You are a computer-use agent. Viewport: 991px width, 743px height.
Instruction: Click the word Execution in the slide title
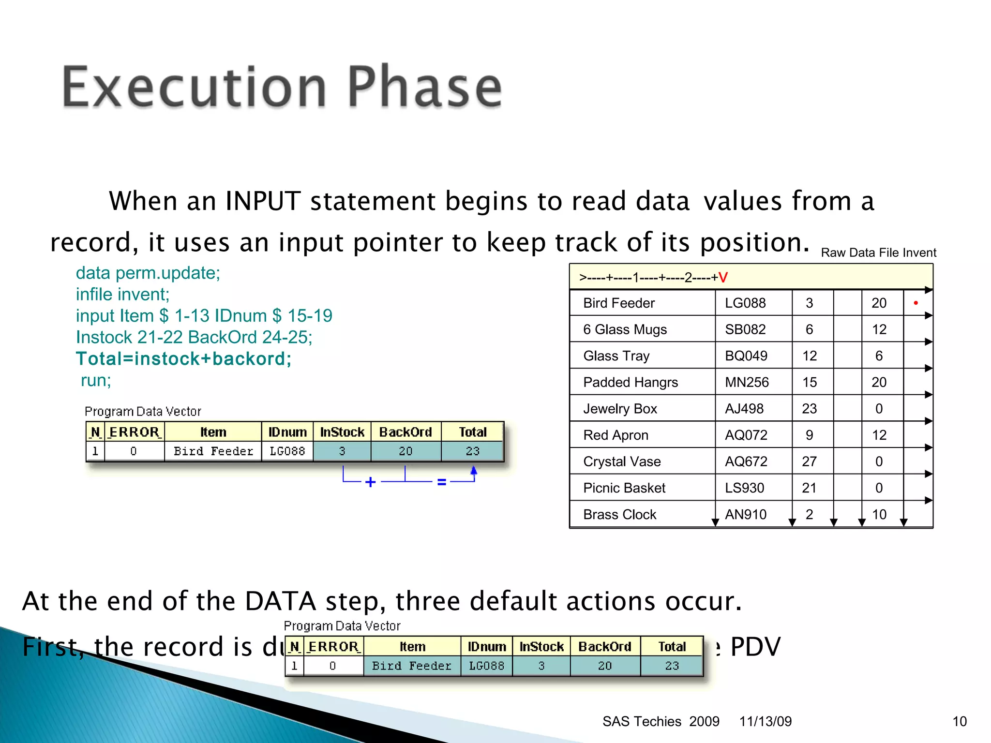[x=194, y=88]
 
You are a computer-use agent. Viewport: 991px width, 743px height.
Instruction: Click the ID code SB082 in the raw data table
[x=745, y=329]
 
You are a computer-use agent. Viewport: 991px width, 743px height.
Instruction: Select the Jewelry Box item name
[x=620, y=409]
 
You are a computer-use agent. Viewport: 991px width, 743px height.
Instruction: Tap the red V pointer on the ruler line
[x=723, y=278]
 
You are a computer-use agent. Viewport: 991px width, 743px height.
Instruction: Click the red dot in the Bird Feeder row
[x=916, y=303]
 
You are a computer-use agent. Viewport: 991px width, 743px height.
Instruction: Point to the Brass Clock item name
[x=619, y=514]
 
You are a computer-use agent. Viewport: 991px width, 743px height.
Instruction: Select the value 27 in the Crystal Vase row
[x=809, y=461]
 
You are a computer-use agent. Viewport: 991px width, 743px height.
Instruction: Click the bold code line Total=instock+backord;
[x=183, y=359]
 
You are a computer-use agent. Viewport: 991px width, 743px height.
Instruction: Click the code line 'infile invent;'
[x=122, y=294]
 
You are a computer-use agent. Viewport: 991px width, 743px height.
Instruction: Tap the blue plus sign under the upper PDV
[x=370, y=482]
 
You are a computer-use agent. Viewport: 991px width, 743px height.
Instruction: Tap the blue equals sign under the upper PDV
[x=441, y=482]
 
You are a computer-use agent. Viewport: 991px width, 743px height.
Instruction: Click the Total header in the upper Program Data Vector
[x=472, y=432]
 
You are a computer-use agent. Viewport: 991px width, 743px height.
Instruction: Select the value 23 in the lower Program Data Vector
[x=672, y=666]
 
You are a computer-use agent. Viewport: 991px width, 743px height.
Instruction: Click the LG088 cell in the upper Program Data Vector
[x=287, y=451]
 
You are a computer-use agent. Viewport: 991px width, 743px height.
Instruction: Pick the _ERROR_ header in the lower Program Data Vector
[x=333, y=647]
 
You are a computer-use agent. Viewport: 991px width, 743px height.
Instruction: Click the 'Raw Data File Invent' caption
[x=878, y=253]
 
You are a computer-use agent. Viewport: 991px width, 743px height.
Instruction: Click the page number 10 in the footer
[x=959, y=721]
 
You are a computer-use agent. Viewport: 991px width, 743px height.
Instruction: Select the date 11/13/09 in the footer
[x=765, y=721]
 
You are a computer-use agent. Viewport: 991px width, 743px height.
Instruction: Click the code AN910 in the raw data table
[x=745, y=514]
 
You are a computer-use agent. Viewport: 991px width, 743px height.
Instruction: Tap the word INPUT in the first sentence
[x=263, y=201]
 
